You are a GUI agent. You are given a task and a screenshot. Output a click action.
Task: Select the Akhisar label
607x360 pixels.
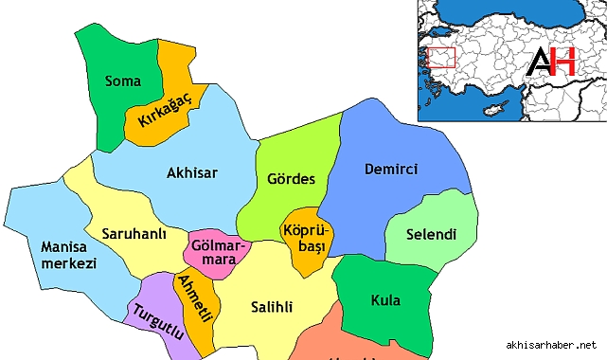click(192, 173)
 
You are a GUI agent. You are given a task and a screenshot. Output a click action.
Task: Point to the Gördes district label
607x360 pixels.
click(291, 179)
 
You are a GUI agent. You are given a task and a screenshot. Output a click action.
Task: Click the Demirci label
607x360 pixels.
click(390, 170)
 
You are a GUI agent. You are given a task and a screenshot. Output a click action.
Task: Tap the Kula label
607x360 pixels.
click(385, 301)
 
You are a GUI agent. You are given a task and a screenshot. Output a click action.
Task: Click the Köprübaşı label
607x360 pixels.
click(303, 238)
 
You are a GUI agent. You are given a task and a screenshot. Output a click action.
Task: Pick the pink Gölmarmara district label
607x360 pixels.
click(218, 251)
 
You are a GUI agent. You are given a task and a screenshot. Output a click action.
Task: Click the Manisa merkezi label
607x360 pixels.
click(69, 255)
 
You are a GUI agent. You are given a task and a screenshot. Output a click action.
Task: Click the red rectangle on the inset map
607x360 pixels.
click(442, 58)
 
